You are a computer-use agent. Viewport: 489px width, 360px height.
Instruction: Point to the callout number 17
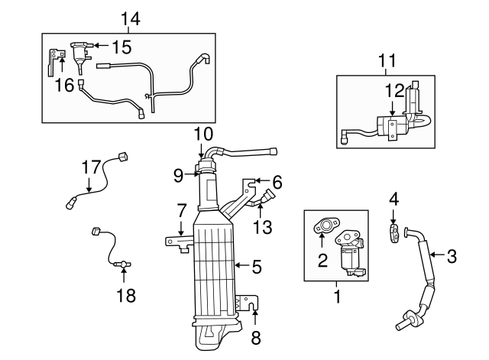point(91,167)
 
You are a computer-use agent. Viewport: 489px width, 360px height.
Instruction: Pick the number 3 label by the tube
point(452,256)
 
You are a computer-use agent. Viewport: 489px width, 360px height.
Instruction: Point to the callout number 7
point(181,209)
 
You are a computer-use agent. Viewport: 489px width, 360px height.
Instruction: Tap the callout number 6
point(277,182)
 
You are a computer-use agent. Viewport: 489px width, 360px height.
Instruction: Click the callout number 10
point(202,133)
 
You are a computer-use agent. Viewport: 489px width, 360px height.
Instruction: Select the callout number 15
point(121,47)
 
